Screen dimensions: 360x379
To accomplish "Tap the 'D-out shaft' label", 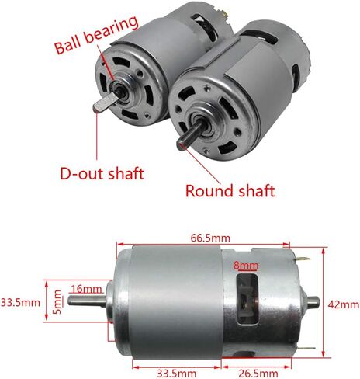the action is (x=102, y=173).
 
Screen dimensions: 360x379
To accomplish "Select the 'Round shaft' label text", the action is (x=230, y=191).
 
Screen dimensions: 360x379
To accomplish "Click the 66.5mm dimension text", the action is (x=210, y=238).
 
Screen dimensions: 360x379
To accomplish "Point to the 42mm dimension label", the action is (x=344, y=305).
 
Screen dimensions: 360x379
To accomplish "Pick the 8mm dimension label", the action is (x=246, y=266).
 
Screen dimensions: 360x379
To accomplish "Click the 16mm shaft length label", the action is (x=86, y=289).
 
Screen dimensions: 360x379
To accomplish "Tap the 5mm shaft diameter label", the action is (x=57, y=301).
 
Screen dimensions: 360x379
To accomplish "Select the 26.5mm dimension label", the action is (x=258, y=374).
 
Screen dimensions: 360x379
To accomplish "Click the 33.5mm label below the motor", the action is (x=177, y=374).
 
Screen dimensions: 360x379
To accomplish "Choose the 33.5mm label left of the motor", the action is (x=20, y=302).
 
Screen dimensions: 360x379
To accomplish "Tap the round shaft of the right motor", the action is (x=191, y=135).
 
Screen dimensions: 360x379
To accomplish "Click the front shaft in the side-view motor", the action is (x=87, y=301).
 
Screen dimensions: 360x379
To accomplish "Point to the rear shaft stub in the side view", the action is (x=312, y=301).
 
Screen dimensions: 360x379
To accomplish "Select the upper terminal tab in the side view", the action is (x=302, y=259).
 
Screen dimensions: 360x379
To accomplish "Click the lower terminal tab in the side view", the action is (x=305, y=349).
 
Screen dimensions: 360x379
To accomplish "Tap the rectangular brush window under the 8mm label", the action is (x=247, y=299).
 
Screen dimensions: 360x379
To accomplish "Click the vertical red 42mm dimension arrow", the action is (x=324, y=302).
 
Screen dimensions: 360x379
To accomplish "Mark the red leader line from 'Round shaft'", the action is (x=201, y=165).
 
